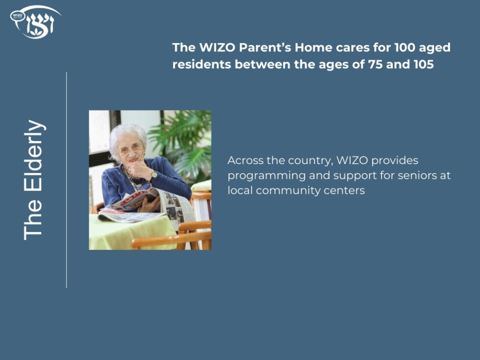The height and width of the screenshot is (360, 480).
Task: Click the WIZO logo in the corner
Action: (x=35, y=22)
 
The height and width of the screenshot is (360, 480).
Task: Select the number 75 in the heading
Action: (x=376, y=64)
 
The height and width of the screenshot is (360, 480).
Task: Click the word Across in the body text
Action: (x=244, y=161)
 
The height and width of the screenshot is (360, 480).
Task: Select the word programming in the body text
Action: (x=261, y=176)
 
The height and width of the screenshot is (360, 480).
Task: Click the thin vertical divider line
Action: (x=67, y=180)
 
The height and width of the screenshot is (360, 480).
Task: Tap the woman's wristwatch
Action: (x=154, y=175)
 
